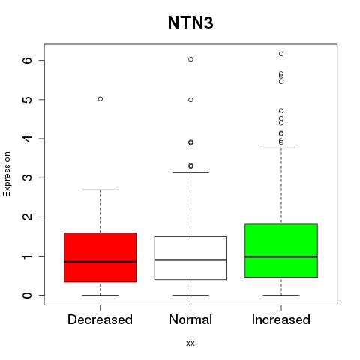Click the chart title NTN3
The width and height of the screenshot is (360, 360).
click(x=190, y=23)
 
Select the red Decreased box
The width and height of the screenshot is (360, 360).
click(x=100, y=257)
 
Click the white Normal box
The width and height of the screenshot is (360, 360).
click(x=190, y=258)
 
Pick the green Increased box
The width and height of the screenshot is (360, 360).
click(x=281, y=250)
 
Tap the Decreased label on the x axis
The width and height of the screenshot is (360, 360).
click(x=100, y=319)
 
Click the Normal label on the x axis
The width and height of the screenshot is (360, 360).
click(x=190, y=319)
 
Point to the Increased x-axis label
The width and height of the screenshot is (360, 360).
click(x=281, y=319)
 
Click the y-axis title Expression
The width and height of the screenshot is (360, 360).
click(x=7, y=174)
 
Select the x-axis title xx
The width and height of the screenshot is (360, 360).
click(x=190, y=343)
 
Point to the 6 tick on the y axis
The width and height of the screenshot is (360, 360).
click(x=28, y=60)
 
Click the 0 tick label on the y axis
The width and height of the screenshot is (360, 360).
click(x=28, y=295)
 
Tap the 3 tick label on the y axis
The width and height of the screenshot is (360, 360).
click(x=28, y=178)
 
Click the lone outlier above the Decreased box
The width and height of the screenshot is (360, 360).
click(x=100, y=99)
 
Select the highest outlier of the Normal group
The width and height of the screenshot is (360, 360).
click(x=190, y=59)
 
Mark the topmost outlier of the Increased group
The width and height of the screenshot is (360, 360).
click(x=281, y=54)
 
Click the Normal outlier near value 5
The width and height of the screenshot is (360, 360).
click(x=190, y=100)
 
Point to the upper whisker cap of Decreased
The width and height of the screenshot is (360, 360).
click(x=100, y=190)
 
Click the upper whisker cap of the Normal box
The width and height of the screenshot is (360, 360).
click(x=190, y=172)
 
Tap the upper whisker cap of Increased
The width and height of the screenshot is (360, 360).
click(x=281, y=148)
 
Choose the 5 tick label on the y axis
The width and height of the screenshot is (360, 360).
click(x=28, y=100)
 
